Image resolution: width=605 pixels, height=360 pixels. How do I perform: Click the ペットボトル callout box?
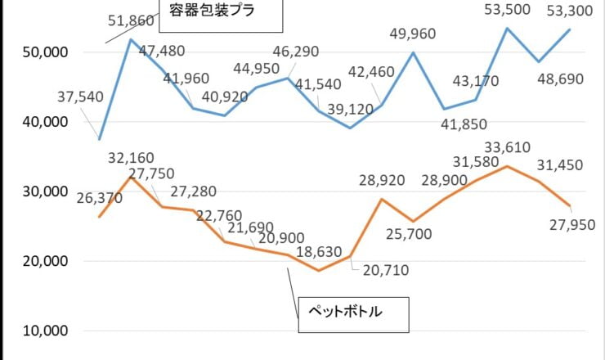(352, 312)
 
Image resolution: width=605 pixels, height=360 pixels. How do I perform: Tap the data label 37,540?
(81, 97)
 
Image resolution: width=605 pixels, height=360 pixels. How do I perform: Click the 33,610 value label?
(508, 147)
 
